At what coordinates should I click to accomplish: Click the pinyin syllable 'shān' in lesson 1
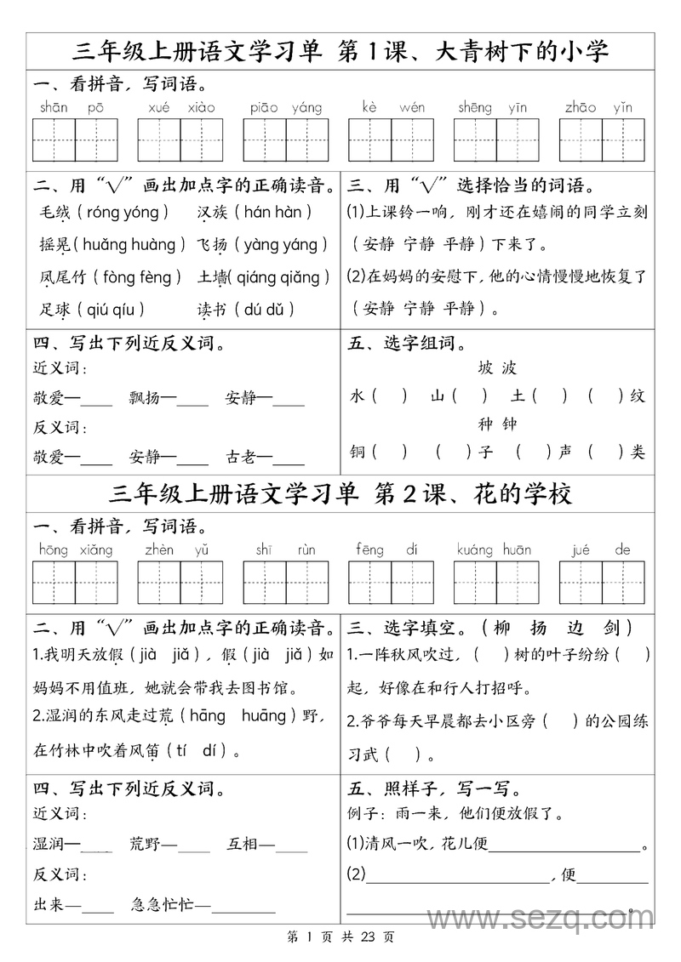54,107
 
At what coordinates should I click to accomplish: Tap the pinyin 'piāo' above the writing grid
265,107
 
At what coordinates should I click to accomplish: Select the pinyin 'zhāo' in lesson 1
581,107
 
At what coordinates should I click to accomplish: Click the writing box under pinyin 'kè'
369,139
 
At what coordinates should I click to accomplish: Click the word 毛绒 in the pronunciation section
54,213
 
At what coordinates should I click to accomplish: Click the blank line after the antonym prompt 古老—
289,464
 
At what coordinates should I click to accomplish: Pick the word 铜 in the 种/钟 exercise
357,451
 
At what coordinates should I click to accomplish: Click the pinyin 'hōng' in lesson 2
53,549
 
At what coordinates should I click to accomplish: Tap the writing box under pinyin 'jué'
581,583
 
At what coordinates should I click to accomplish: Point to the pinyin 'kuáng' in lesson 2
475,549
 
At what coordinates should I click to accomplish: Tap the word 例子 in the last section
367,813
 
